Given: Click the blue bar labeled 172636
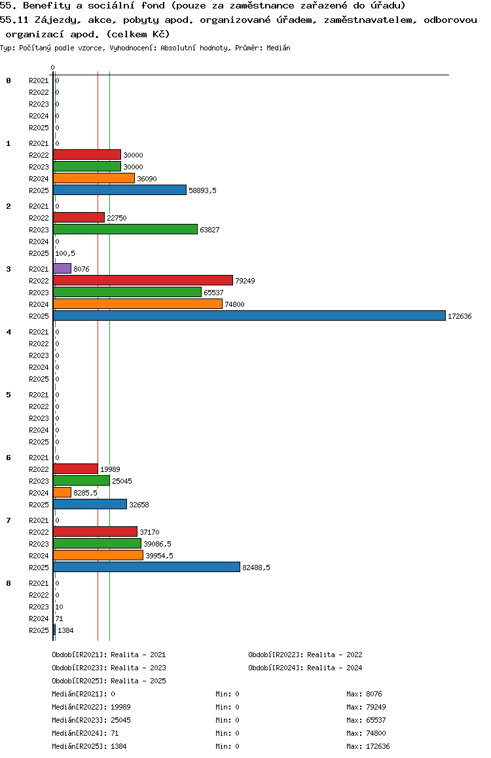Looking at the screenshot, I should (249, 316).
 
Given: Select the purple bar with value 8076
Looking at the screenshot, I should (62, 268).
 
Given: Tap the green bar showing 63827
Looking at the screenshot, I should (125, 229).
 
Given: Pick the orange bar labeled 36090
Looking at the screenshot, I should (94, 178).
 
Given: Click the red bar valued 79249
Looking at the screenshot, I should (143, 280).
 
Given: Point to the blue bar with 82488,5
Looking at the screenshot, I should (147, 567).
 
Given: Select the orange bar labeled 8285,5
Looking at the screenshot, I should (62, 492).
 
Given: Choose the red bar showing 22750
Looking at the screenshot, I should (79, 217).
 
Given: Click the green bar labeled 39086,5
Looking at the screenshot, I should (97, 543).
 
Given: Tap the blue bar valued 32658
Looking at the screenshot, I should (90, 504).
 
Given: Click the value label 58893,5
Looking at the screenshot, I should (202, 190).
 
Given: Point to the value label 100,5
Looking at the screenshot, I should (64, 253).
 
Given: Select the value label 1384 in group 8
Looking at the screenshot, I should (66, 630).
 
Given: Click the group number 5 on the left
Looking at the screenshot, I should (9, 395).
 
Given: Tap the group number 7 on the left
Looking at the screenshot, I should (9, 520).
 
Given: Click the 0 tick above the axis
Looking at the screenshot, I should (52, 67).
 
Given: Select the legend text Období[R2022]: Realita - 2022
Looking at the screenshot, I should (305, 655).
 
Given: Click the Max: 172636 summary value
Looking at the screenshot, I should (368, 746).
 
